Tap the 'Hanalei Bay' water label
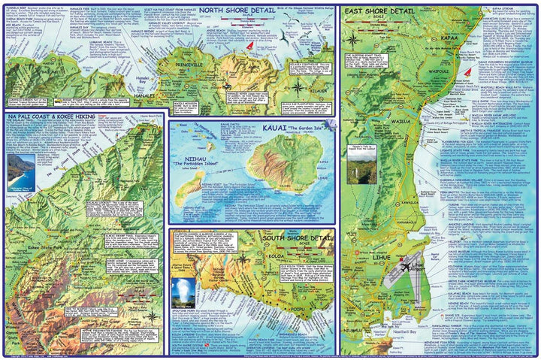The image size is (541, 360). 167,77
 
